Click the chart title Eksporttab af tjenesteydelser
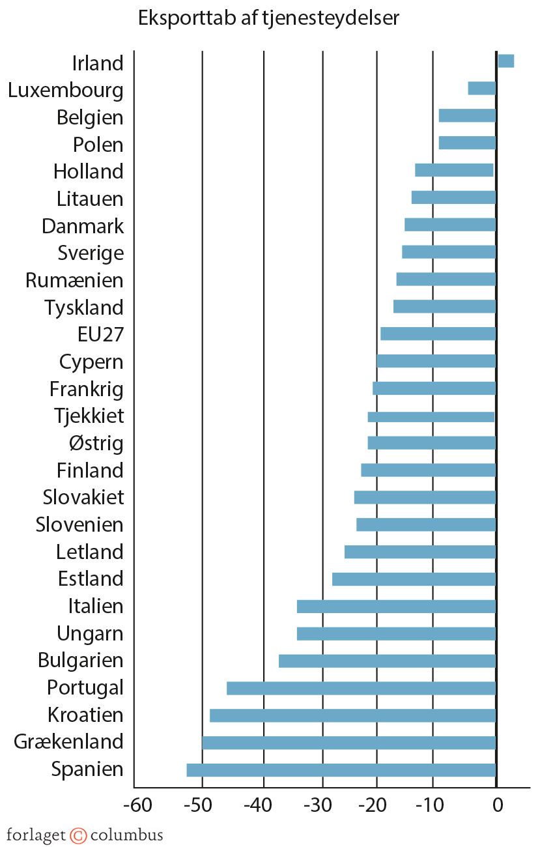coord(268,19)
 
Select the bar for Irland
coord(505,61)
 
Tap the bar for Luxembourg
coord(481,89)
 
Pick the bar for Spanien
coord(341,770)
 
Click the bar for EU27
coord(438,334)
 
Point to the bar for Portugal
coord(361,688)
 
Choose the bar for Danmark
coord(450,225)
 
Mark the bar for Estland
coord(414,579)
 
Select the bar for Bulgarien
coord(387,661)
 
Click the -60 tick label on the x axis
coord(137,806)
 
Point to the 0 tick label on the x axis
coord(497,806)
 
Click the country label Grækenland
coord(68,742)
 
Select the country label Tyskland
coord(83,307)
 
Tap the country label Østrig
coord(96,444)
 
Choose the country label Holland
coord(88,171)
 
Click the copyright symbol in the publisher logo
coord(78,835)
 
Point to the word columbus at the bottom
coord(126,835)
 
